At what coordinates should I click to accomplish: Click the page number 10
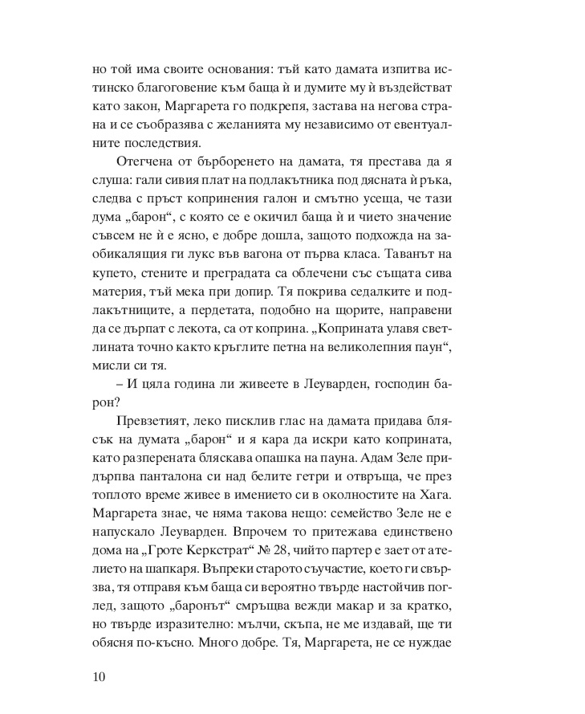100,675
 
